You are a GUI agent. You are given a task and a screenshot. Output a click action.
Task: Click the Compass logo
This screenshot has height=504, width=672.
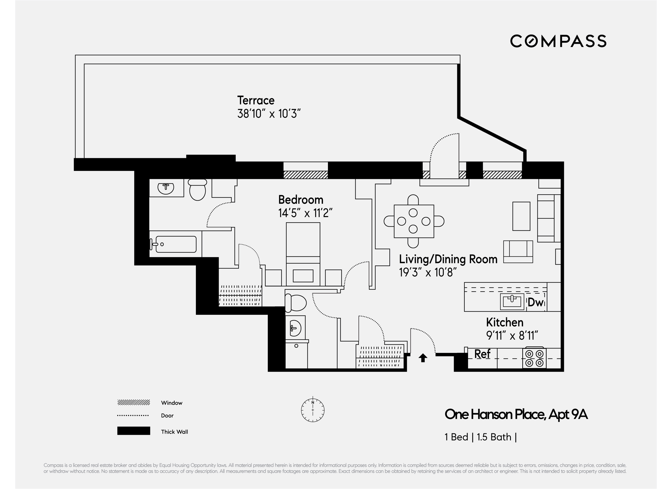point(558,41)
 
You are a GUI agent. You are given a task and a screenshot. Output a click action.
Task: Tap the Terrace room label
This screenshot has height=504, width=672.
point(256,100)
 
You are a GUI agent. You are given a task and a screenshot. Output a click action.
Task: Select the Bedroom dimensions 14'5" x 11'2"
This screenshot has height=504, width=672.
point(305,213)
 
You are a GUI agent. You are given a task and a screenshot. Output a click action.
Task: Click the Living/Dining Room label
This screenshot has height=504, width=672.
point(448,259)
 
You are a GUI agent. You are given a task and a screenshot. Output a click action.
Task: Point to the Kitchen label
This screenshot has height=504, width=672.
point(505,322)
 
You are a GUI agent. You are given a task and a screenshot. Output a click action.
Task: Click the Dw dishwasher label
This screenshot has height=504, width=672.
point(535,302)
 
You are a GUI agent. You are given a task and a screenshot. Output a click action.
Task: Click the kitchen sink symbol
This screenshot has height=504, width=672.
point(512,301)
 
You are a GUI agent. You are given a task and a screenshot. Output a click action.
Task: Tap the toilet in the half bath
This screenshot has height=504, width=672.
point(295,303)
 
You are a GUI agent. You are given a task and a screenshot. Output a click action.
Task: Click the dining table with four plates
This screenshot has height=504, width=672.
point(414,221)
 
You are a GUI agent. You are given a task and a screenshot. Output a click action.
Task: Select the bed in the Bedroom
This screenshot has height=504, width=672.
point(303,254)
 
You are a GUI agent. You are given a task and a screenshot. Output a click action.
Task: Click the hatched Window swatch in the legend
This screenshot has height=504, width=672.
point(134,403)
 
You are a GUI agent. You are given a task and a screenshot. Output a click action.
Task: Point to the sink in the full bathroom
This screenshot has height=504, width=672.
point(166,188)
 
